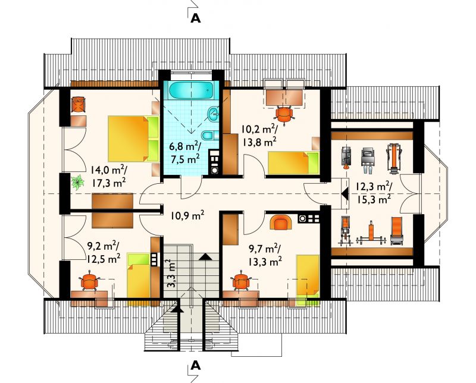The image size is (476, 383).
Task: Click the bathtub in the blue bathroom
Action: pos(191,90)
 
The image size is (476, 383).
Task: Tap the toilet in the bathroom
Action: pos(209,136)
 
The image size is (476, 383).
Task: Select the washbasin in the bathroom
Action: pos(213,114)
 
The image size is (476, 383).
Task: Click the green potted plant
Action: pos(78,182)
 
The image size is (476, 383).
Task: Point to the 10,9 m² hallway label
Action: pos(187,216)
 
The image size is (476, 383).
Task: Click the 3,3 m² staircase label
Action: pos(171,273)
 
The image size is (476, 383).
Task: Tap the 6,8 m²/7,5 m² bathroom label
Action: pos(185,152)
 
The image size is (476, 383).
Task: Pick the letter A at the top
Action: pos(196,18)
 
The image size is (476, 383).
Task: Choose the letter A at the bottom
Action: pos(196,366)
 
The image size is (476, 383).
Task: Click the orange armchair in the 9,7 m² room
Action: pos(281,223)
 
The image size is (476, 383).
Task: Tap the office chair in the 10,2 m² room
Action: pos(284,115)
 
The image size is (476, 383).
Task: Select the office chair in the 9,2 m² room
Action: pos(90,281)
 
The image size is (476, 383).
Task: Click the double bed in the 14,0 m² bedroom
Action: pos(133,139)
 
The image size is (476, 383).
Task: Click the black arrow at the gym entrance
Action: pos(345,193)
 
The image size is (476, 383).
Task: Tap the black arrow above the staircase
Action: pos(206,256)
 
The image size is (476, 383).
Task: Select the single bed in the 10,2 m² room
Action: pos(293,163)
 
